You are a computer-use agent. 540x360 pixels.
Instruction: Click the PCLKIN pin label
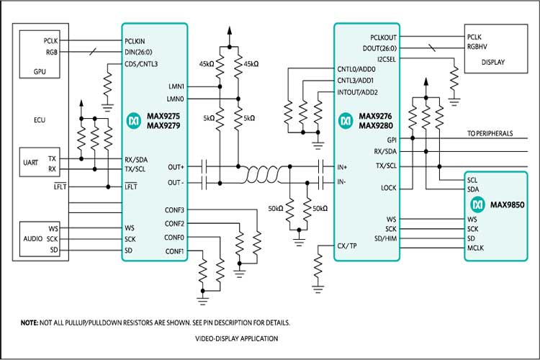pos(138,41)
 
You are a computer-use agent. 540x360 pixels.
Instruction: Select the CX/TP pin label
pos(348,246)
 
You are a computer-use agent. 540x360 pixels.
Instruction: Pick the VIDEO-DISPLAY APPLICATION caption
pos(236,338)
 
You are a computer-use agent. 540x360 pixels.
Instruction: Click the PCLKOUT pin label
pos(383,36)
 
